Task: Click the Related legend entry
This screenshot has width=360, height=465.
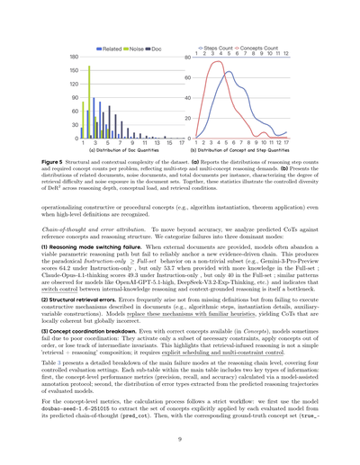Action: pos(111,45)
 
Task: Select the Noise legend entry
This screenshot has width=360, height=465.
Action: pos(142,45)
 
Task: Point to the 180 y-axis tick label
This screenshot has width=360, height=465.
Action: pos(71,58)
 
